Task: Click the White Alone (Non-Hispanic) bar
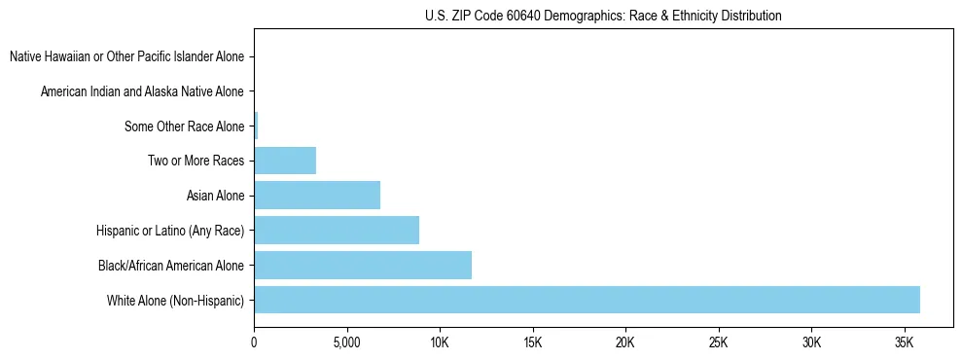pyautogui.click(x=587, y=300)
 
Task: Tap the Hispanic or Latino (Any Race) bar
pyautogui.click(x=337, y=231)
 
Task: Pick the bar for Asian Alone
pyautogui.click(x=317, y=196)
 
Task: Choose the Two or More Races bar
pyautogui.click(x=285, y=161)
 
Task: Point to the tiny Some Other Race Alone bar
pyautogui.click(x=256, y=126)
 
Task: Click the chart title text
pyautogui.click(x=603, y=16)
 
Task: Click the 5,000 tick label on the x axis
pyautogui.click(x=346, y=342)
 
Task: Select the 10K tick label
pyautogui.click(x=440, y=342)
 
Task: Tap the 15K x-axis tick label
pyautogui.click(x=532, y=342)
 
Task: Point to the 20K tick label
pyautogui.click(x=625, y=342)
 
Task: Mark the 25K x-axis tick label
pyautogui.click(x=719, y=342)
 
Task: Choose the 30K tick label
pyautogui.click(x=811, y=342)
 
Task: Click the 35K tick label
pyautogui.click(x=905, y=342)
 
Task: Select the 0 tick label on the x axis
pyautogui.click(x=254, y=342)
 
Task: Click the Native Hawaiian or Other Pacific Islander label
pyautogui.click(x=126, y=56)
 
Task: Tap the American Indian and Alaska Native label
pyautogui.click(x=142, y=91)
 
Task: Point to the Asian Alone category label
pyautogui.click(x=215, y=196)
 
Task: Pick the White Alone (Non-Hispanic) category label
pyautogui.click(x=176, y=300)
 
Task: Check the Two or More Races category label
pyautogui.click(x=196, y=161)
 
